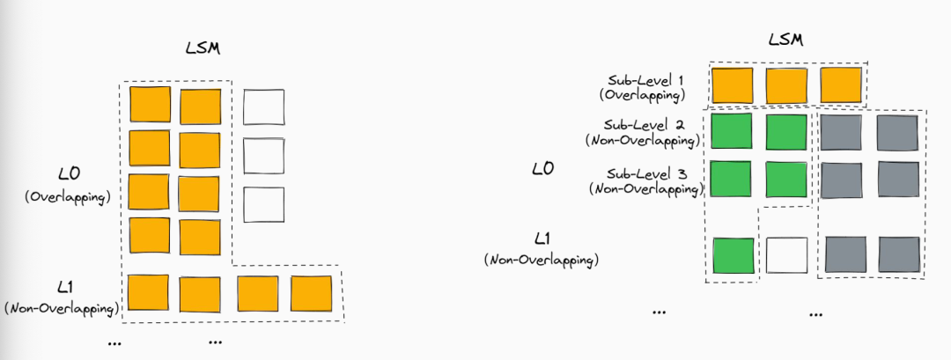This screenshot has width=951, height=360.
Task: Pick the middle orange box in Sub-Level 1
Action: click(786, 85)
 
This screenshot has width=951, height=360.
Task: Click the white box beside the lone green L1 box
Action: click(786, 255)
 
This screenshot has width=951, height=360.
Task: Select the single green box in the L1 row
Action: click(734, 255)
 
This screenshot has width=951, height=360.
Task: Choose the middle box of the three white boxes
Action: click(264, 156)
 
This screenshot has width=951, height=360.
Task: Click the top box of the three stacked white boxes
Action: click(264, 107)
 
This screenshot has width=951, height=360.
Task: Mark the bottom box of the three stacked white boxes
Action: click(264, 204)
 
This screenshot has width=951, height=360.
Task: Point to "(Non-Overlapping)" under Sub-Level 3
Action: click(645, 188)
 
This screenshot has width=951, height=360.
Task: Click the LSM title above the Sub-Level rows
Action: click(785, 40)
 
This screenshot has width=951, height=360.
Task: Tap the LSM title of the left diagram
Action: click(203, 48)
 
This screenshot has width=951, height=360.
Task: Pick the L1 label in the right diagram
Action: click(542, 239)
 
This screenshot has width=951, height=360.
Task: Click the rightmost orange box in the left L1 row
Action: click(311, 293)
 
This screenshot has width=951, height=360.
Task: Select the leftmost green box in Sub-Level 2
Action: click(732, 131)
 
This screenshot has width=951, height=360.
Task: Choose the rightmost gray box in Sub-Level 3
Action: click(899, 180)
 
